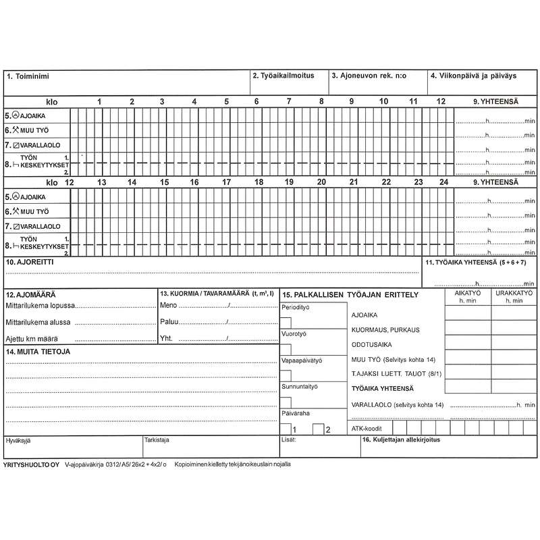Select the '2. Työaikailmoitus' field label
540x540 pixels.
click(x=283, y=76)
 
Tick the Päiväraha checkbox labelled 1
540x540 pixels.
click(x=286, y=428)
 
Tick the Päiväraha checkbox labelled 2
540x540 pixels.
click(x=317, y=428)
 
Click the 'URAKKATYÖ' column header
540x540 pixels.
click(x=514, y=294)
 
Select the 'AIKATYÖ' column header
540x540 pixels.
click(x=468, y=294)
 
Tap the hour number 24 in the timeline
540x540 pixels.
click(x=443, y=182)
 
